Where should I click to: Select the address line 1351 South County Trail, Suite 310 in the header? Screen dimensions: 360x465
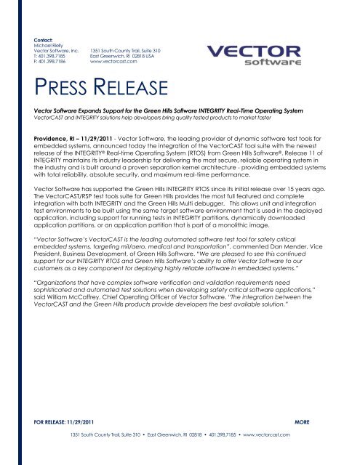(125, 50)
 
